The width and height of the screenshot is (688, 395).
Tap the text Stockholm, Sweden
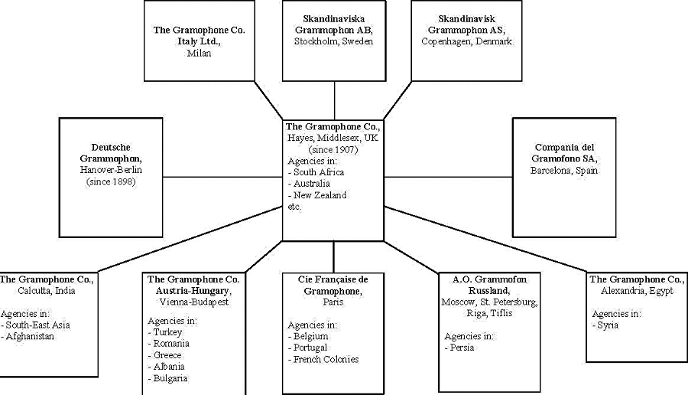pos(334,41)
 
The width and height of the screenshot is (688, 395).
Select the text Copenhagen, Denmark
pos(466,41)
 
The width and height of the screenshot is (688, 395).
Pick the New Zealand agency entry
pos(320,195)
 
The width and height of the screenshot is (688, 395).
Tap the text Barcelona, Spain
pos(564,171)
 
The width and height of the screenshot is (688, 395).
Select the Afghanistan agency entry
pos(31,337)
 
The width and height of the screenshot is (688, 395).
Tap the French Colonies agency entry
pos(326,359)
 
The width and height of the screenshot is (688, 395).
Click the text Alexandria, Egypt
pos(637,291)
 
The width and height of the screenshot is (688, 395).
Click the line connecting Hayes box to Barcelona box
pos(448,177)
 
